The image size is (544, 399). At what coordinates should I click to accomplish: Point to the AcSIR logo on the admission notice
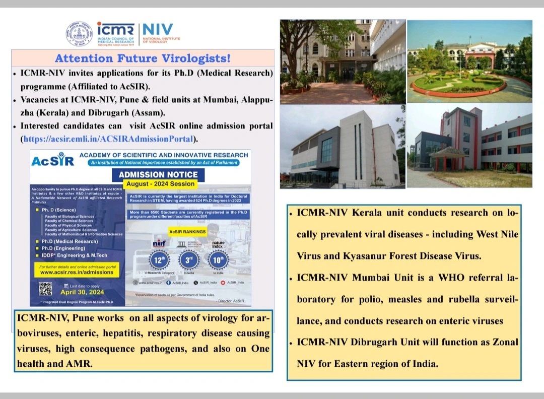point(52,161)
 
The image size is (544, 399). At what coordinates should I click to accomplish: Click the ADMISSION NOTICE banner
point(158,175)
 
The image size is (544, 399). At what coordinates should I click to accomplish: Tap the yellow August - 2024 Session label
point(160,184)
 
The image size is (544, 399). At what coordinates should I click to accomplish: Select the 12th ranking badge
point(158,260)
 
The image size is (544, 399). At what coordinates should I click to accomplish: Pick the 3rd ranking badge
point(188,260)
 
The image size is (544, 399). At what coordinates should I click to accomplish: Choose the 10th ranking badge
point(218,260)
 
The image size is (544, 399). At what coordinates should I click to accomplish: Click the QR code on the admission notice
point(45,289)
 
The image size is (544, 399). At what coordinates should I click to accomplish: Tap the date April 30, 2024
point(82,292)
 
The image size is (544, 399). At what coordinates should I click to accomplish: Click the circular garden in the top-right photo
point(458,84)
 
